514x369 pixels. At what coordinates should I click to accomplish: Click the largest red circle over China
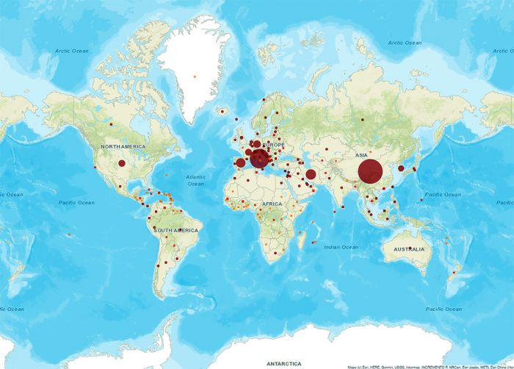point(369,172)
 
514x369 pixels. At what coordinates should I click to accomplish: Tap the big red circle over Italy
point(259,158)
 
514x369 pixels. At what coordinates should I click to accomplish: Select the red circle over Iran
point(311,174)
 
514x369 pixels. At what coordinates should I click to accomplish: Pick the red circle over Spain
point(240,163)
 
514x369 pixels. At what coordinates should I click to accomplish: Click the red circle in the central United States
point(122,163)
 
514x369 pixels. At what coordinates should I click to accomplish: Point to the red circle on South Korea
point(401,168)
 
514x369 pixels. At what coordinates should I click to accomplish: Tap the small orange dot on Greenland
point(195,76)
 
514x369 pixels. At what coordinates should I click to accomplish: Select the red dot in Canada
point(111,124)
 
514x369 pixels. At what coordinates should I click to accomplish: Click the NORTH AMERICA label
point(123,147)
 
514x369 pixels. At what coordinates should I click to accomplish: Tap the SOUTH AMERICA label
point(175,231)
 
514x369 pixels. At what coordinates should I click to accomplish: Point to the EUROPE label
point(271,146)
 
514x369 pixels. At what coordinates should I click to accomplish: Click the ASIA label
point(361,155)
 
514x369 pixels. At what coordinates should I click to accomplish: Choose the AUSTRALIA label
point(408,250)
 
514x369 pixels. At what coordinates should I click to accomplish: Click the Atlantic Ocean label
point(195,180)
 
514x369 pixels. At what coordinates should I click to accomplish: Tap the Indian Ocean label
point(341,247)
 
